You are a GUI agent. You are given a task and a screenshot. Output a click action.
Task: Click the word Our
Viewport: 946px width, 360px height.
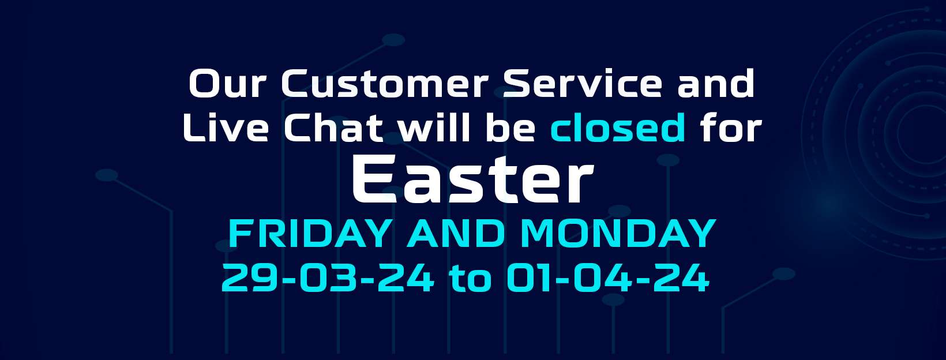coord(228,84)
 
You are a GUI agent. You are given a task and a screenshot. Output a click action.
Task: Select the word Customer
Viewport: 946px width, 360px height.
coord(385,84)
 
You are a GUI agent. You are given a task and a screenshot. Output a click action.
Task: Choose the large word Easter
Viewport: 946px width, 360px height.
coord(473,179)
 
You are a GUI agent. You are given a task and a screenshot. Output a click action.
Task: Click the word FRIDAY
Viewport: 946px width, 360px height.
coord(310,233)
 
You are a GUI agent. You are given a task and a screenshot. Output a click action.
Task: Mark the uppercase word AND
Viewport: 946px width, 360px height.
coord(456,233)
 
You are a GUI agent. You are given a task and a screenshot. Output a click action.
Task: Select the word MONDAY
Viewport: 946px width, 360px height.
coord(618,233)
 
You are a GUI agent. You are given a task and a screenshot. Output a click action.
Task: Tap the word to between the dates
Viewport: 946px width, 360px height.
coord(471,279)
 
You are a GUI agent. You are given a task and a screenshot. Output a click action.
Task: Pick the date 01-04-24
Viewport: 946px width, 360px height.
coord(608,277)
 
